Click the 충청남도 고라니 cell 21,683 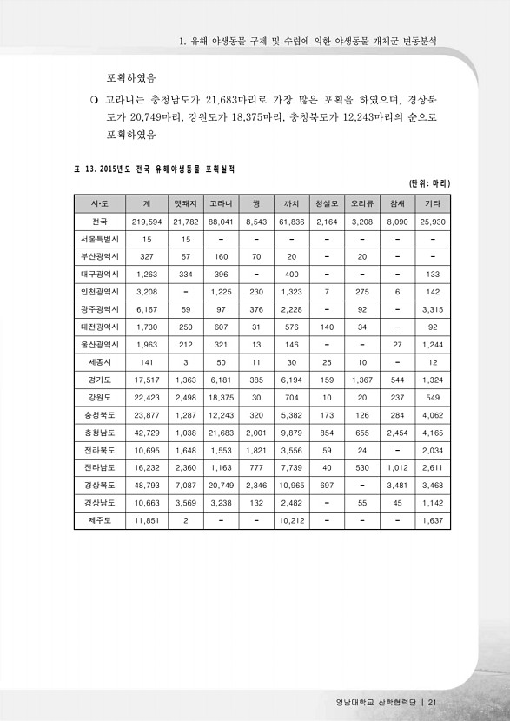coord(221,432)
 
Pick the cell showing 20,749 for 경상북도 coord(221,485)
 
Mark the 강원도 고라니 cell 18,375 coord(221,397)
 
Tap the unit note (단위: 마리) coord(428,184)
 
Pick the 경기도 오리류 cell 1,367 coord(361,380)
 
